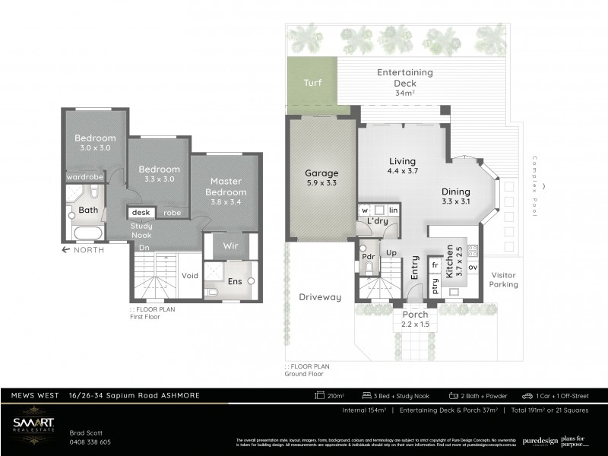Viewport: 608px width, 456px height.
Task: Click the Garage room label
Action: coord(321,173)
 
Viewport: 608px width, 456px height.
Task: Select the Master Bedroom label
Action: coord(226,186)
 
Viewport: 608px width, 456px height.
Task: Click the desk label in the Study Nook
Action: coord(142,214)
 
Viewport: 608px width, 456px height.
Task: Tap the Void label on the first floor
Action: coord(190,275)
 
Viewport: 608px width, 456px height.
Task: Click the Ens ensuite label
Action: coord(234,281)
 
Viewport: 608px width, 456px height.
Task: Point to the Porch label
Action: coord(415,315)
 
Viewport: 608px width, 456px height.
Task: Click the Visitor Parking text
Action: coord(503,280)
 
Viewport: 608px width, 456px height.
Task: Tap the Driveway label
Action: coord(319,297)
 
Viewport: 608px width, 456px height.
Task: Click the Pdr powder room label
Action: coord(369,256)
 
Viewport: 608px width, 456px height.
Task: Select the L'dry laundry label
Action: coord(378,221)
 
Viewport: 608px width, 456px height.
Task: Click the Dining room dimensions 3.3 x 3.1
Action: coord(456,202)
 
